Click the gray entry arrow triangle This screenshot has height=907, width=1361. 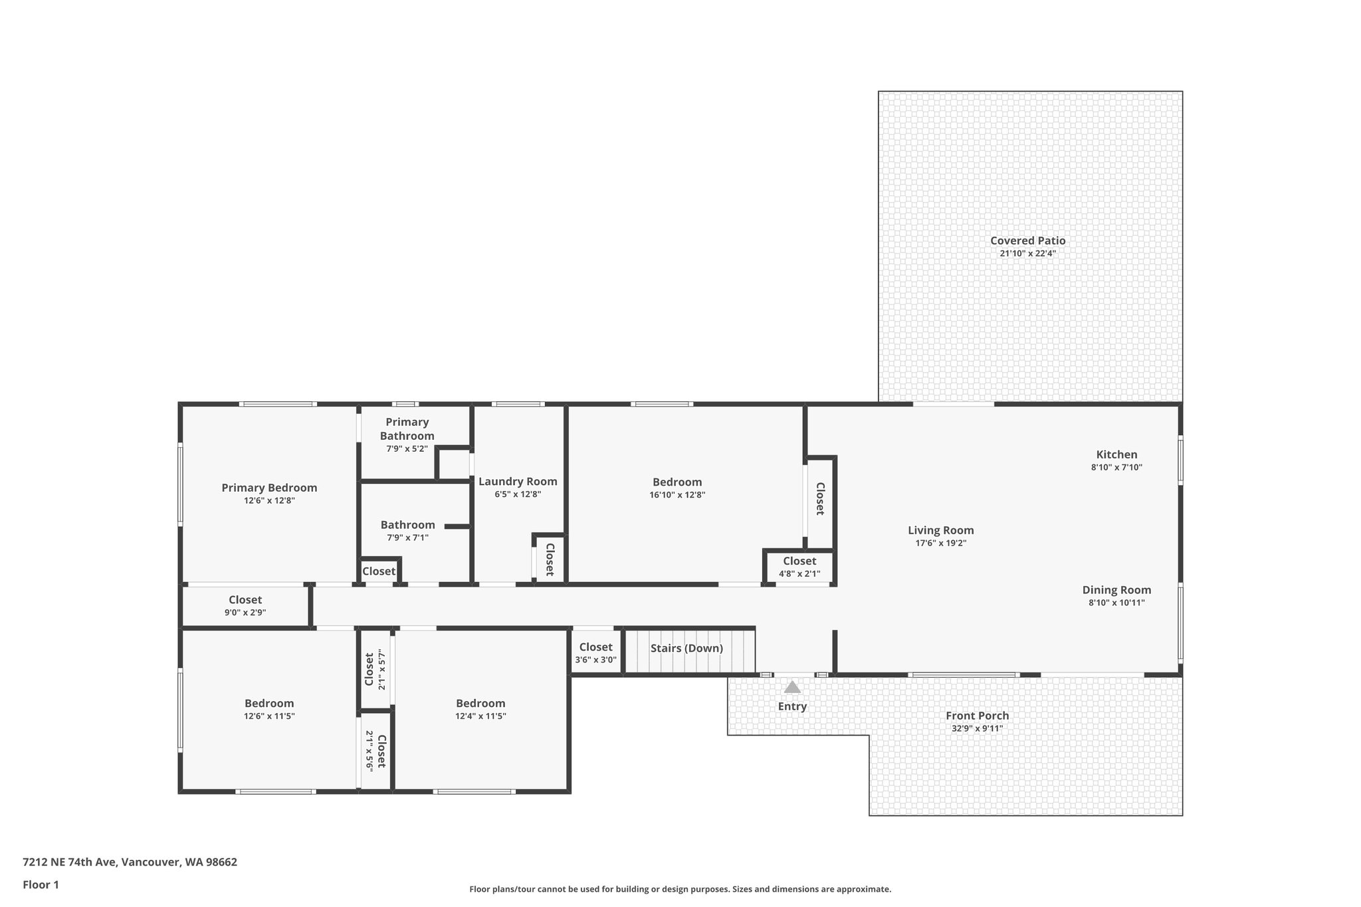point(792,687)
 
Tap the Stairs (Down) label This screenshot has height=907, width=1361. point(686,648)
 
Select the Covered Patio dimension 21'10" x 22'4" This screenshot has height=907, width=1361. point(1027,253)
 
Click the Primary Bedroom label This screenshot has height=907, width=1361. point(269,488)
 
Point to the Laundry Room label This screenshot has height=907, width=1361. point(518,482)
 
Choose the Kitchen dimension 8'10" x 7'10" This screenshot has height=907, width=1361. point(1116,467)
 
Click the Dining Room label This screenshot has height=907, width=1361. point(1116,590)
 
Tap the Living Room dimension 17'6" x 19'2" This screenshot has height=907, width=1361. point(940,543)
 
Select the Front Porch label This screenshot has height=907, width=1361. point(977,716)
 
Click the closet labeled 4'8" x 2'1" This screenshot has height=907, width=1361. point(799,567)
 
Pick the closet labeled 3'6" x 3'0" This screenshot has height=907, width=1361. point(595,653)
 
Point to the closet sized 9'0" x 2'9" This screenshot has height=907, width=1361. point(245,606)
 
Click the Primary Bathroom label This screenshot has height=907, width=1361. point(407,429)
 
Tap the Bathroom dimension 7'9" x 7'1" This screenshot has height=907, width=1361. point(407,538)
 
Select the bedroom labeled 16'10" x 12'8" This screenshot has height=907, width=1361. point(677,488)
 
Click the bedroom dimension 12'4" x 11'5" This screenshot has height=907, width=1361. point(480,716)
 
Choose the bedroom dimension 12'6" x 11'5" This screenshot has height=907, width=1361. point(269,716)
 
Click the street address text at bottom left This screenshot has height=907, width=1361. point(130,862)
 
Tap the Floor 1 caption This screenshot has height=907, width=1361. point(41,884)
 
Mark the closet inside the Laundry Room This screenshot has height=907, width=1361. point(550,559)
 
